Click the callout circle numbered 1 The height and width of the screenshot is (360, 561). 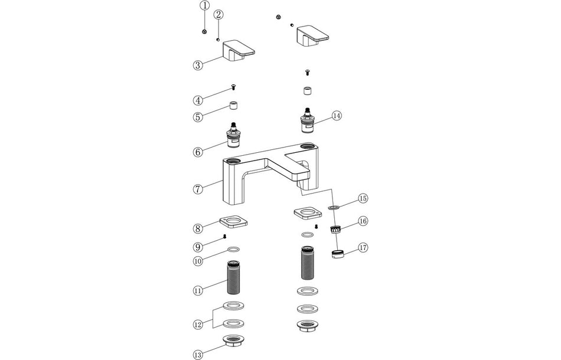[x=204, y=6]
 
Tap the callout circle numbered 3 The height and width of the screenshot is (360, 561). [x=198, y=65]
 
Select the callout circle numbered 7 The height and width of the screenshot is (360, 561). [x=198, y=189]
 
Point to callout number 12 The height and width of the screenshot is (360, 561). [x=198, y=324]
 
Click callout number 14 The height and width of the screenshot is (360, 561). [x=337, y=116]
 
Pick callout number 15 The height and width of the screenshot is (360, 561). [x=363, y=198]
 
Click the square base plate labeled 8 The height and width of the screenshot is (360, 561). [x=233, y=222]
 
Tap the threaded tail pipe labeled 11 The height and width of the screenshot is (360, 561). [x=234, y=279]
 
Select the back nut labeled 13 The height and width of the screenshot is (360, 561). [x=233, y=341]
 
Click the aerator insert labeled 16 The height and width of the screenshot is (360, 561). [x=335, y=229]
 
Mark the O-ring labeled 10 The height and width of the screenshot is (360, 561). [x=233, y=249]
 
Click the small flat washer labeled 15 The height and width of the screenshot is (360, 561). [x=333, y=208]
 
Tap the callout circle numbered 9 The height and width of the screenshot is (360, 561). [x=198, y=246]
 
